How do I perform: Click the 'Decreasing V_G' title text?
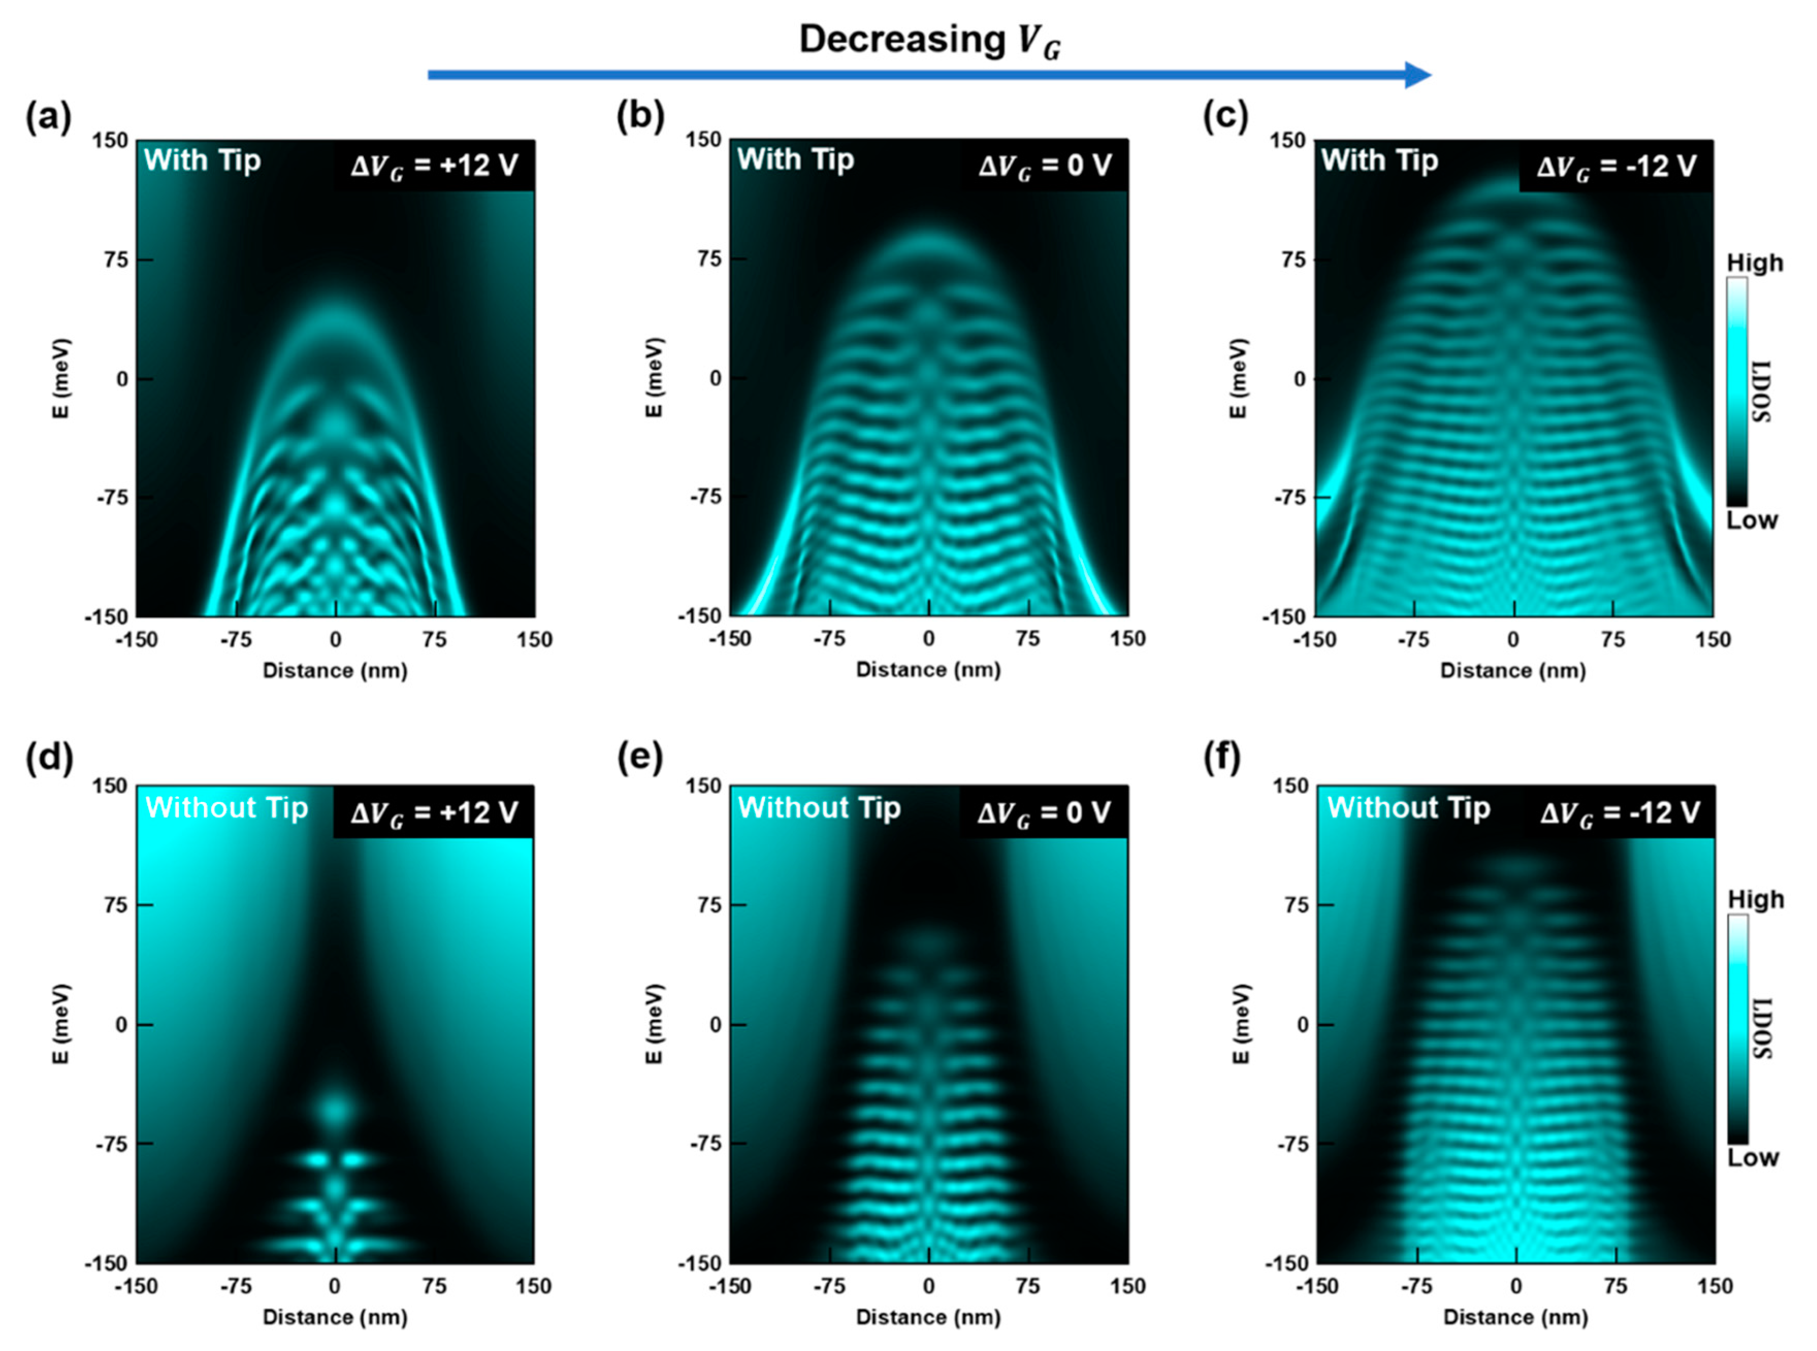pos(929,41)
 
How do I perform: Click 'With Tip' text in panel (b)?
pos(795,160)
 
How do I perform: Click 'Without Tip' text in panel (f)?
pos(1408,808)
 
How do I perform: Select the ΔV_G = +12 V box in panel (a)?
pos(433,166)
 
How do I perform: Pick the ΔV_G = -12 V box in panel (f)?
pos(1619,813)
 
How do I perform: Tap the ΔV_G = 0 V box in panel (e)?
pos(1044,813)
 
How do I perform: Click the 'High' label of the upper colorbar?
pos(1754,263)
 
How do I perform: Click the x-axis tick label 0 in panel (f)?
pos(1515,1287)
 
